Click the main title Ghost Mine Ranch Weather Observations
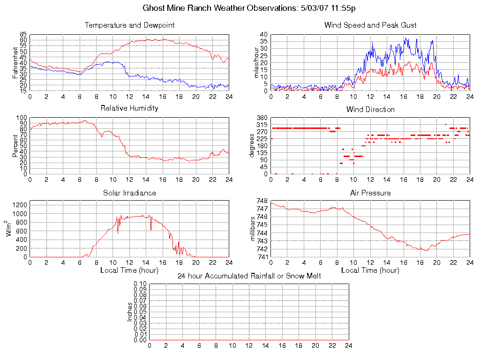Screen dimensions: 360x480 pyautogui.click(x=249, y=8)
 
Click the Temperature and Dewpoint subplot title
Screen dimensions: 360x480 pyautogui.click(x=129, y=25)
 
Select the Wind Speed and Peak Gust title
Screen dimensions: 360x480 pyautogui.click(x=370, y=25)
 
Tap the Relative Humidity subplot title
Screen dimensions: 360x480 pyautogui.click(x=129, y=108)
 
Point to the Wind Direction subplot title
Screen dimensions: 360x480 pyautogui.click(x=370, y=110)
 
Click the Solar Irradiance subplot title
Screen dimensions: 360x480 pyautogui.click(x=129, y=193)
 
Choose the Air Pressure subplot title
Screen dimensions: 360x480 pyautogui.click(x=370, y=193)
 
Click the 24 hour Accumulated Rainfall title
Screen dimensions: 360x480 pyautogui.click(x=249, y=276)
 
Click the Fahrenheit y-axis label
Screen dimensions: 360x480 pyautogui.click(x=15, y=63)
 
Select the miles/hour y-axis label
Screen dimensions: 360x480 pyautogui.click(x=256, y=63)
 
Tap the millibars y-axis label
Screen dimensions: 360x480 pyautogui.click(x=253, y=229)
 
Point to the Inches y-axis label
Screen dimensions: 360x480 pyautogui.click(x=130, y=312)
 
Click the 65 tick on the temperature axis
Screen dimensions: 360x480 pyautogui.click(x=23, y=35)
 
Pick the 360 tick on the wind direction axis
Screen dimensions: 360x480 pyautogui.click(x=262, y=118)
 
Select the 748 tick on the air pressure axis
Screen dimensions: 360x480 pyautogui.click(x=262, y=201)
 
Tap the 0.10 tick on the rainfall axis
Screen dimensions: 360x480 pyautogui.click(x=140, y=284)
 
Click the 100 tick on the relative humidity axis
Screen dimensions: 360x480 pyautogui.click(x=22, y=118)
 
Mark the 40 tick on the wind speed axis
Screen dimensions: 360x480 pyautogui.click(x=263, y=35)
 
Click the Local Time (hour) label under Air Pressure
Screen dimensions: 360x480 pyautogui.click(x=370, y=270)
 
